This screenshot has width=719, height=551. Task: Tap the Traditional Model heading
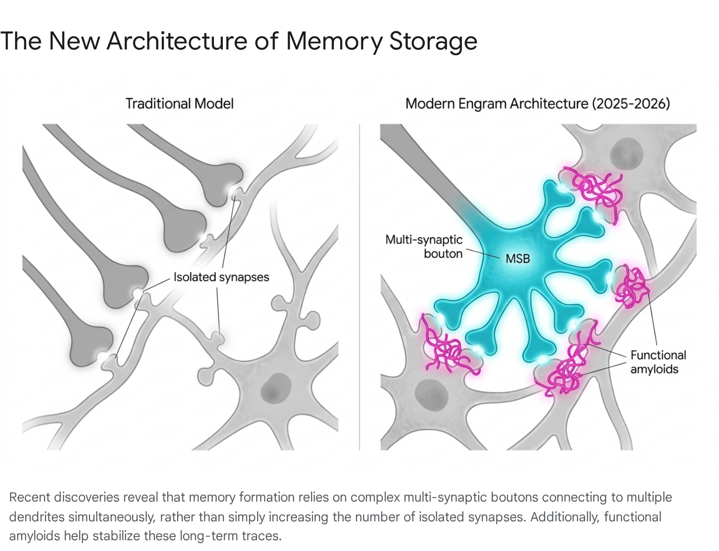180,103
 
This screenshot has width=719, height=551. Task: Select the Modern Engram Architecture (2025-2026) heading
538,103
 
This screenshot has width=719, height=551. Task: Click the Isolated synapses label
222,277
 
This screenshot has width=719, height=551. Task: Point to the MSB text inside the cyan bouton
518,258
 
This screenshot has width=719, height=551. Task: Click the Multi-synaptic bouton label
424,247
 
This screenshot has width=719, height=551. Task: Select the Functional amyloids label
658,362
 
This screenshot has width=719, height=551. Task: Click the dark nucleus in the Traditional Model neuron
276,388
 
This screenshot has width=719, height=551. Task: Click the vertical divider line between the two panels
359,287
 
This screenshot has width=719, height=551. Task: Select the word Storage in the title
433,41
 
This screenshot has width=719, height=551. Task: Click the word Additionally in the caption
565,516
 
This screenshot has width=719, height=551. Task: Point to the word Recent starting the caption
30,498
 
